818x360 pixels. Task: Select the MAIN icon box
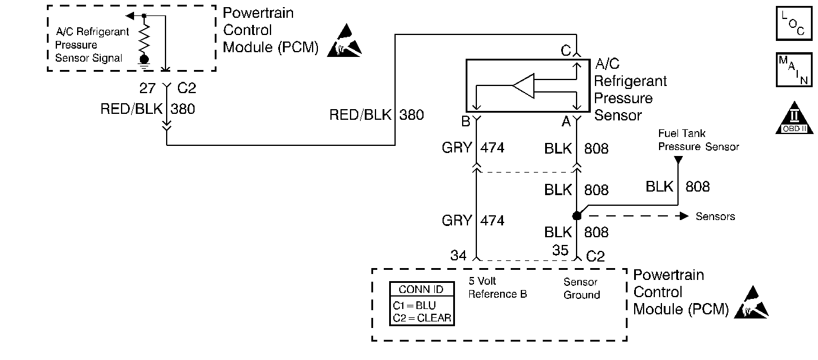(794, 69)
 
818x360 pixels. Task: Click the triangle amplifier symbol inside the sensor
(524, 87)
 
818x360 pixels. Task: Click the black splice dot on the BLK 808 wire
(577, 215)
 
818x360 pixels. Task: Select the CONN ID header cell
(422, 290)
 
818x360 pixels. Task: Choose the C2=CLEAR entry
(422, 318)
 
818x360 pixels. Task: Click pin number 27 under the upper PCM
(148, 89)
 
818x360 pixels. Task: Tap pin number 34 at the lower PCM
(459, 256)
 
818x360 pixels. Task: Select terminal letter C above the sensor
(566, 51)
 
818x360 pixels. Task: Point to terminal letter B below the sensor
(465, 122)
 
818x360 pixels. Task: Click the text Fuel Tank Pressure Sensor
(698, 140)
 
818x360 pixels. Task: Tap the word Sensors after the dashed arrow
(715, 216)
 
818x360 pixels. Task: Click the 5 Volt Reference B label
(497, 288)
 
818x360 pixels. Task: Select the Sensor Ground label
(581, 288)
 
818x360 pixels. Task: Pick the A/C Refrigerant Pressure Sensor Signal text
(92, 45)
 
